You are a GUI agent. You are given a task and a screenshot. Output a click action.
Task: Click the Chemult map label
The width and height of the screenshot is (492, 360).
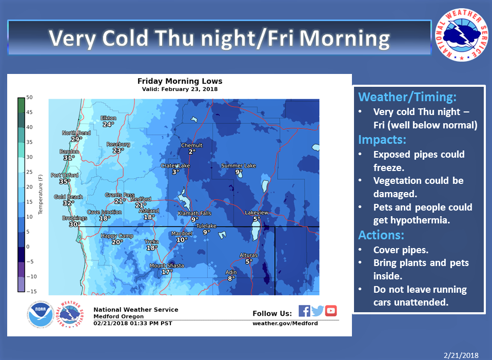pyautogui.click(x=192, y=145)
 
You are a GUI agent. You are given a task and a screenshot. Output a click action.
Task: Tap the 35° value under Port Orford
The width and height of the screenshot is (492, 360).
pyautogui.click(x=65, y=181)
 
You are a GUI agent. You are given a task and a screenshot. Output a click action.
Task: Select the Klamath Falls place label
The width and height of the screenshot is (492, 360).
pyautogui.click(x=194, y=213)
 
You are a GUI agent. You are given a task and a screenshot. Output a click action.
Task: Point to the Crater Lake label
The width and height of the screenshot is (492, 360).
pyautogui.click(x=175, y=165)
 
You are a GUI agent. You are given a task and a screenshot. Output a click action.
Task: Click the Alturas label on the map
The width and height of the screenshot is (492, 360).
pyautogui.click(x=248, y=255)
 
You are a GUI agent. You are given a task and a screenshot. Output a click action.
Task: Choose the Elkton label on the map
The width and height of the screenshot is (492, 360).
pyautogui.click(x=108, y=118)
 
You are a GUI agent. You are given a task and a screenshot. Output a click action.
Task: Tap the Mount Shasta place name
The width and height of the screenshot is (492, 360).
pyautogui.click(x=167, y=266)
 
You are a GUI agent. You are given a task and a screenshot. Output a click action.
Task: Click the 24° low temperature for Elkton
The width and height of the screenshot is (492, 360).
pyautogui.click(x=108, y=124)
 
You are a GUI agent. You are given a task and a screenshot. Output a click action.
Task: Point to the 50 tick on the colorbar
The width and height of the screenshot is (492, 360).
pyautogui.click(x=29, y=98)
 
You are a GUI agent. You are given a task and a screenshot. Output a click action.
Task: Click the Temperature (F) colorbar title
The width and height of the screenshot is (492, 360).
pyautogui.click(x=40, y=195)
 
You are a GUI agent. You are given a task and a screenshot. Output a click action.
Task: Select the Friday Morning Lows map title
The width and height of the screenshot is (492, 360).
pyautogui.click(x=180, y=81)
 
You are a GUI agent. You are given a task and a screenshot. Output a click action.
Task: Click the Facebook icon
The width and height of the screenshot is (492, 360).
pyautogui.click(x=304, y=311)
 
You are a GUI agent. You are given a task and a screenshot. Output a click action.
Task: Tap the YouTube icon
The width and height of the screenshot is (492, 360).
pyautogui.click(x=331, y=311)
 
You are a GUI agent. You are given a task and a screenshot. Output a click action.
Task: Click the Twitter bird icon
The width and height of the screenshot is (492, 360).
pyautogui.click(x=318, y=311)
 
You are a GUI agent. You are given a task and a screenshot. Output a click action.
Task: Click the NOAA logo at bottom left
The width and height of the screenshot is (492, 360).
pyautogui.click(x=41, y=314)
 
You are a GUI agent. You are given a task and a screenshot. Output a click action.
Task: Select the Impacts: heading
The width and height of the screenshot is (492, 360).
pyautogui.click(x=382, y=140)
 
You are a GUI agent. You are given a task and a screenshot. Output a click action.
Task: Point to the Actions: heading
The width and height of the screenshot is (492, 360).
pyautogui.click(x=381, y=235)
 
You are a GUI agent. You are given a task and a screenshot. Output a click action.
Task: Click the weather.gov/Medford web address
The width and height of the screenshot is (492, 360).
pyautogui.click(x=285, y=323)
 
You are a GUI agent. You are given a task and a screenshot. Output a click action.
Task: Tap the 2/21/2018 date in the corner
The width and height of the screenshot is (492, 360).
pyautogui.click(x=461, y=355)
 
